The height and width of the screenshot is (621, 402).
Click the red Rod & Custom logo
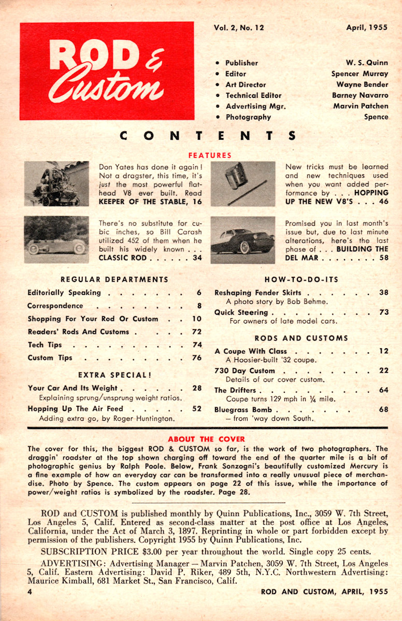click(107, 71)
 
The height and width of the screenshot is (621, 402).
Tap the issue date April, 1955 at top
click(367, 28)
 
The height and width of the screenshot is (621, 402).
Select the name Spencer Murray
click(360, 73)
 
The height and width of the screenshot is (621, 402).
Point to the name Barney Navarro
click(360, 95)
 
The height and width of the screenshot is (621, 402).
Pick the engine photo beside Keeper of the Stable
click(56, 184)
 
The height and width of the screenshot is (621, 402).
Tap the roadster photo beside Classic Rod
click(56, 240)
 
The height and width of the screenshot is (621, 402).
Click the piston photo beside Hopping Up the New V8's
click(243, 184)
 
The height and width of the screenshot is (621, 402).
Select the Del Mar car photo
click(243, 240)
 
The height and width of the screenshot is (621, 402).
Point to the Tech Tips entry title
click(45, 345)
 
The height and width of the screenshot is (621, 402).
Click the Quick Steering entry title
click(241, 313)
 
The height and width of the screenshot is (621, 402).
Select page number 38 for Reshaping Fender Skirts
click(383, 292)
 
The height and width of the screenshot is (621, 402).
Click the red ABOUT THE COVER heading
click(198, 439)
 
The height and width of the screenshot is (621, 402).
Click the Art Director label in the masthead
click(246, 84)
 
